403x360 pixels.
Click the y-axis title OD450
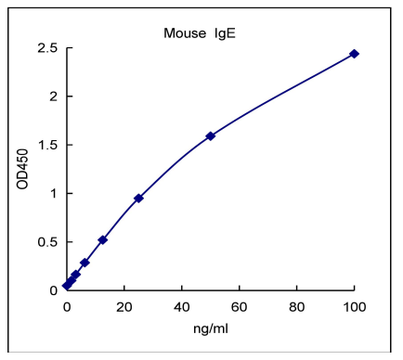(x=22, y=171)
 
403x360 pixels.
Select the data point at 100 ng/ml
(x=354, y=54)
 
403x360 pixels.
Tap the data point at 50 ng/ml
(x=210, y=135)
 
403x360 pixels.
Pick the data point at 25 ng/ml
(x=138, y=198)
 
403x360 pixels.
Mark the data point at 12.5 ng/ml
(x=102, y=239)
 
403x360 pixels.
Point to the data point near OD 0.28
(x=84, y=263)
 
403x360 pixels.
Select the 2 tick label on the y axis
(x=53, y=96)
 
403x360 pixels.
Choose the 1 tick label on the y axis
(x=53, y=193)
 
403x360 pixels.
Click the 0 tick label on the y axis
(x=53, y=290)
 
